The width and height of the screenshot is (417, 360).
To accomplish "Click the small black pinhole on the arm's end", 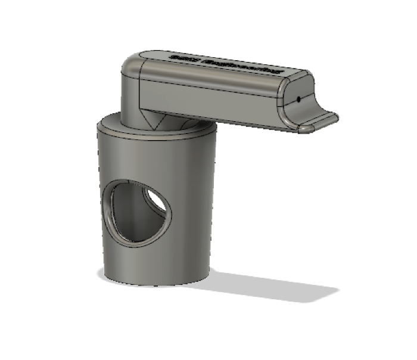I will [297, 100].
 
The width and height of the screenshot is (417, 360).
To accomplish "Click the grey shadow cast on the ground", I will [268, 286].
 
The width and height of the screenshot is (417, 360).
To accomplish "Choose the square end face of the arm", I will [298, 95].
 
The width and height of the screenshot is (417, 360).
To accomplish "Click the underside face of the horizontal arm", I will [250, 124].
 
